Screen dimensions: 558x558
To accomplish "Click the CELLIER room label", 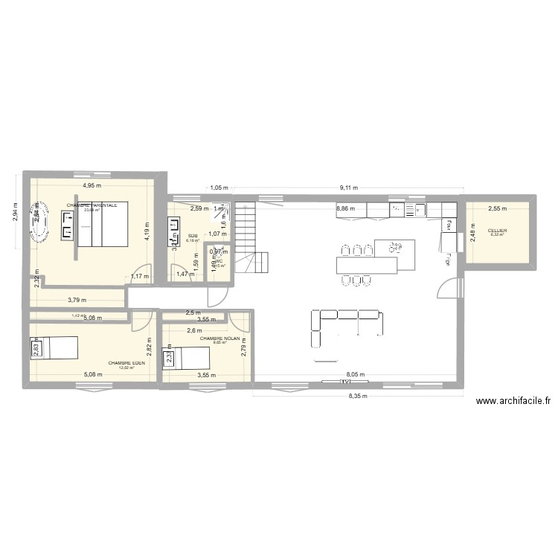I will coord(497,231).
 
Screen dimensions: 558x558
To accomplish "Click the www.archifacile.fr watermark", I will coord(513,401).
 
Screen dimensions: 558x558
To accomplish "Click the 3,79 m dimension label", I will coord(77,300).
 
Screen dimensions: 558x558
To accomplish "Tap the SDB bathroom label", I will coord(192,234).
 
